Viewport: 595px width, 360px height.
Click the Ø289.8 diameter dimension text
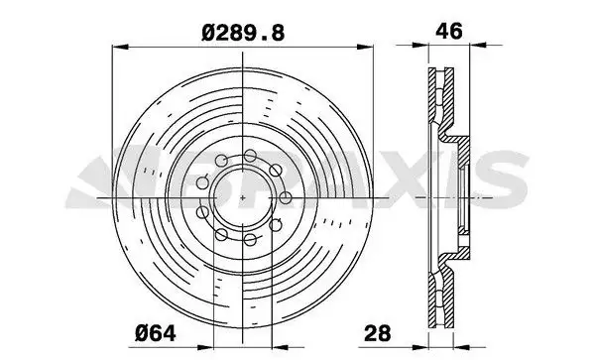pos(243,33)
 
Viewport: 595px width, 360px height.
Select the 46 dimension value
pos(449,31)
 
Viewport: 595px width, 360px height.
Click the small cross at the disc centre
pos(243,197)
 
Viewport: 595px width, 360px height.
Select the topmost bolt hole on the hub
pos(250,155)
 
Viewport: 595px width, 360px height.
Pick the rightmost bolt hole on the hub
pos(286,197)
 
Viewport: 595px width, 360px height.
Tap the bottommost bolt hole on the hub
pos(250,240)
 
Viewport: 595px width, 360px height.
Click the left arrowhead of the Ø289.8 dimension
pos(121,47)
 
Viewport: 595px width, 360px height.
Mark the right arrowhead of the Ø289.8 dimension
pos(365,47)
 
